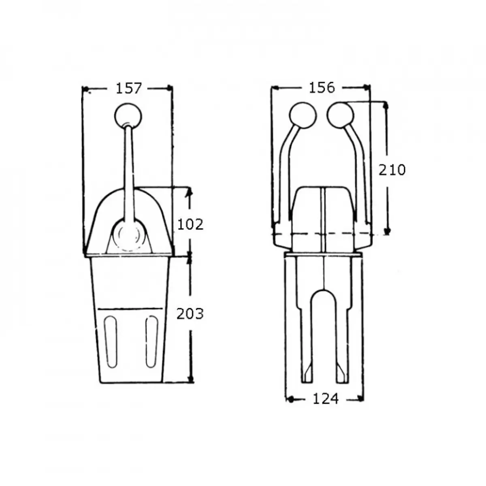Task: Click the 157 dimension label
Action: (x=129, y=88)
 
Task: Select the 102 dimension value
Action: (x=190, y=224)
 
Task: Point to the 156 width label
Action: (x=322, y=87)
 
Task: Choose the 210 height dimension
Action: (x=392, y=170)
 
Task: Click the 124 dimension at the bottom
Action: (x=325, y=399)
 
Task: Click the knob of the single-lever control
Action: (x=128, y=115)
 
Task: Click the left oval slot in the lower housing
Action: (x=110, y=342)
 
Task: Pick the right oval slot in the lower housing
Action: (x=151, y=342)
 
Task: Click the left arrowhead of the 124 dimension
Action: (x=290, y=399)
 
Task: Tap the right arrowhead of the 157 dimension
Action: (x=169, y=88)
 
